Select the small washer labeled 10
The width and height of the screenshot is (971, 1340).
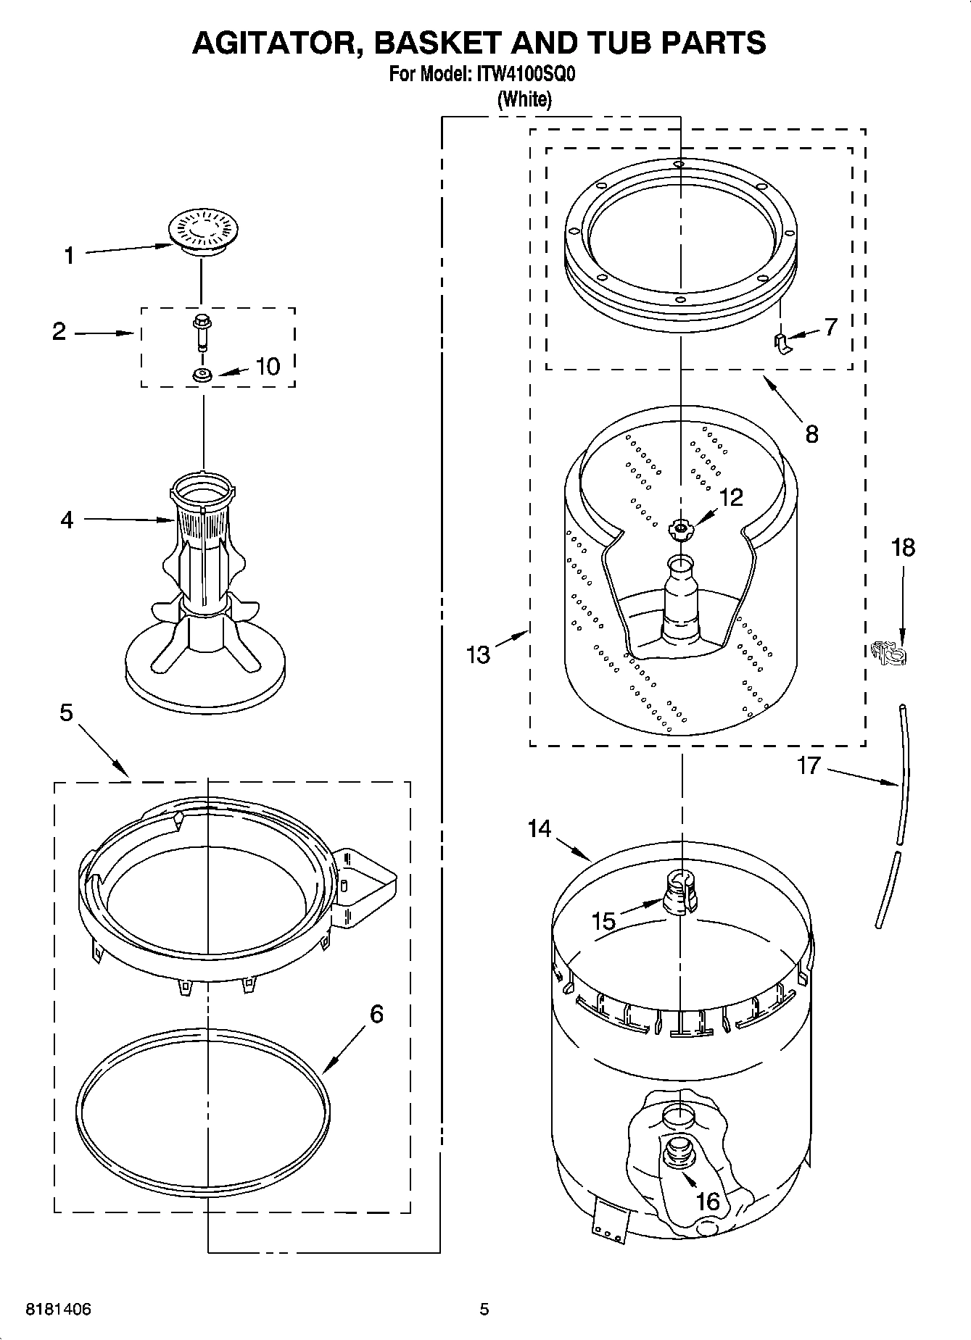point(202,375)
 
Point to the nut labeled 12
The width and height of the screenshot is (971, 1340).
point(681,530)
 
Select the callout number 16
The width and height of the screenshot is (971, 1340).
point(707,1201)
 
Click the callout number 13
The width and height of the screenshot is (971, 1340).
point(479,654)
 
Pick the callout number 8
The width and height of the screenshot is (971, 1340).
point(811,434)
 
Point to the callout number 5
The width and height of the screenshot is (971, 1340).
point(66,713)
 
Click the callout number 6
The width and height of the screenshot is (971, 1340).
point(376,1013)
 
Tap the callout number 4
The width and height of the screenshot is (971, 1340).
point(67,520)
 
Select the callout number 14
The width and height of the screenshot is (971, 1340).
point(540,828)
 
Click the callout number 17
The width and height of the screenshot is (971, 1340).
point(808,765)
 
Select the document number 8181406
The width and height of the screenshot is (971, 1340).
point(59,1310)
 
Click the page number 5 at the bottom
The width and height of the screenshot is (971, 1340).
point(484,1310)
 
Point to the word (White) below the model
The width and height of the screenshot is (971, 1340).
point(524,99)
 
